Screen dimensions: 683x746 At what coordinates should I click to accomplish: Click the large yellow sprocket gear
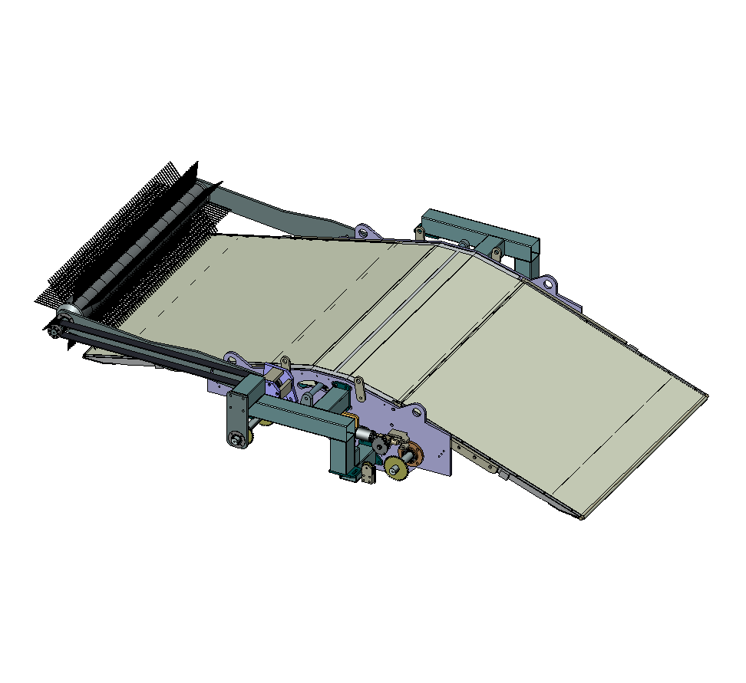click(397, 467)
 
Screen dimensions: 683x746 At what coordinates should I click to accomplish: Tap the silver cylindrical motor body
click(363, 435)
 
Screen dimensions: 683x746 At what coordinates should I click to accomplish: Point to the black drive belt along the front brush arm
click(146, 352)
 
